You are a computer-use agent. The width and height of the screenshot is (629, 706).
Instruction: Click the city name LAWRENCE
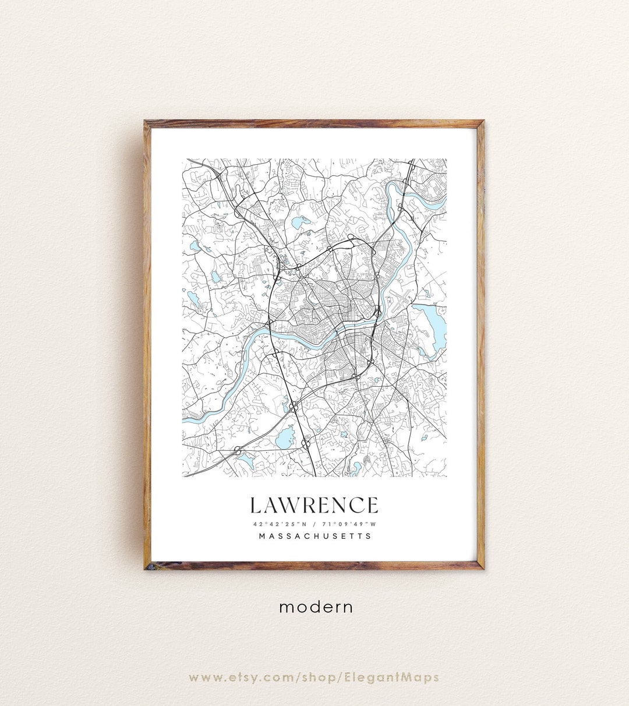coord(314,505)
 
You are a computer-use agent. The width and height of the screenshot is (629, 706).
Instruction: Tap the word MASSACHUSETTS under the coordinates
coord(314,536)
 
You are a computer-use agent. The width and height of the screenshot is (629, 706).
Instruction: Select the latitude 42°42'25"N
coord(277,523)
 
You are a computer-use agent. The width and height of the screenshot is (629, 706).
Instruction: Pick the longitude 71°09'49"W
coord(349,523)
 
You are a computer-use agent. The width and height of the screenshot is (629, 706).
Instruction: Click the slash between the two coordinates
coord(313,523)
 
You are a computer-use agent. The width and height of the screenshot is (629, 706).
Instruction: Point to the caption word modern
coord(316,607)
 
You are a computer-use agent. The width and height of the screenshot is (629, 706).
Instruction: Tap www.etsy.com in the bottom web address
coord(242,677)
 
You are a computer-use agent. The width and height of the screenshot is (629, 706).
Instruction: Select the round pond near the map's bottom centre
coord(284,437)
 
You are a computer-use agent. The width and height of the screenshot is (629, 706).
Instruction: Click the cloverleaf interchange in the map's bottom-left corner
coord(238,450)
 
